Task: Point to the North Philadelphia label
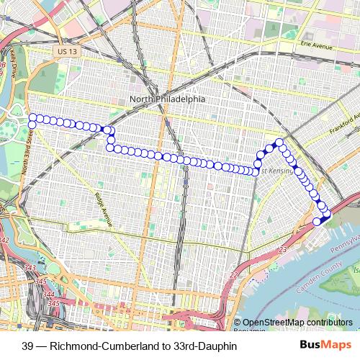point(167,99)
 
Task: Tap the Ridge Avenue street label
point(103,210)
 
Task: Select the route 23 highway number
point(283,249)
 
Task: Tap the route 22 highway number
point(232,275)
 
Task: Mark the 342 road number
point(4,240)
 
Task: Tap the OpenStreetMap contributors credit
point(297,322)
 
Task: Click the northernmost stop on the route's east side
point(279,142)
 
